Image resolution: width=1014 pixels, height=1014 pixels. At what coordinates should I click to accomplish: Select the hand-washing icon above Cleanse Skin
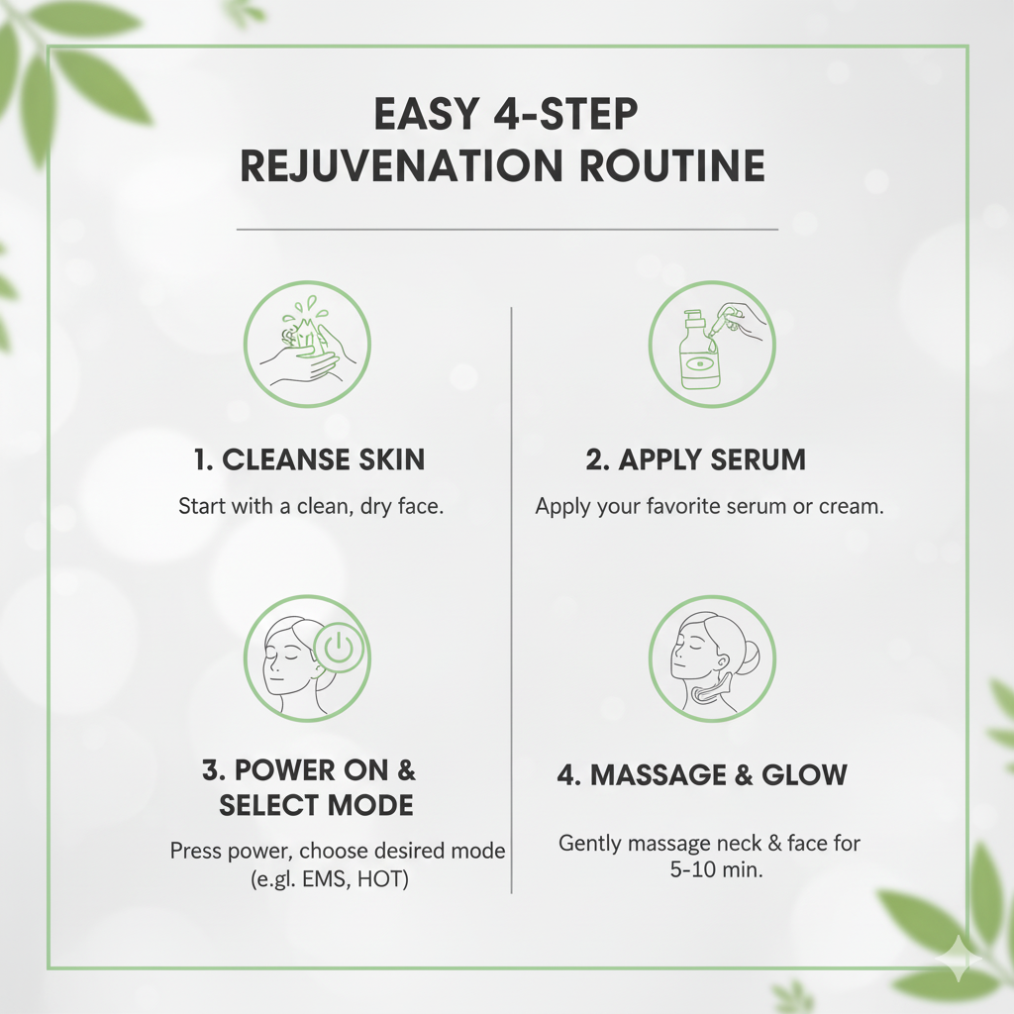pyautogui.click(x=307, y=344)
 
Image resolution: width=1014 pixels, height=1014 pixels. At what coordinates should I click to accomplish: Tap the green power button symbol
pyautogui.click(x=339, y=650)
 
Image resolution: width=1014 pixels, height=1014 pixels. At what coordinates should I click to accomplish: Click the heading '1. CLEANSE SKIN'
pyautogui.click(x=309, y=459)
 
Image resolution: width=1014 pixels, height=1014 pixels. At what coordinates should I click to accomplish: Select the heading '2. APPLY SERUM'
pyautogui.click(x=695, y=459)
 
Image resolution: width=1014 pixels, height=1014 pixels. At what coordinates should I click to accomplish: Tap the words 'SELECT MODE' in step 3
pyautogui.click(x=316, y=805)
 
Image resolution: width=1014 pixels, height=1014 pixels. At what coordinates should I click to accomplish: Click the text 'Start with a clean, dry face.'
pyautogui.click(x=310, y=506)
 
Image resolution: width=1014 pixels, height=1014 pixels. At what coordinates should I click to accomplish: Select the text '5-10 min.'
pyautogui.click(x=709, y=871)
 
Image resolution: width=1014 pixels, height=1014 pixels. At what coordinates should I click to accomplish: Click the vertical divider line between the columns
pyautogui.click(x=511, y=594)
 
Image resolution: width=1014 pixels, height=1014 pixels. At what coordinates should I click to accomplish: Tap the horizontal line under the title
pyautogui.click(x=507, y=229)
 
